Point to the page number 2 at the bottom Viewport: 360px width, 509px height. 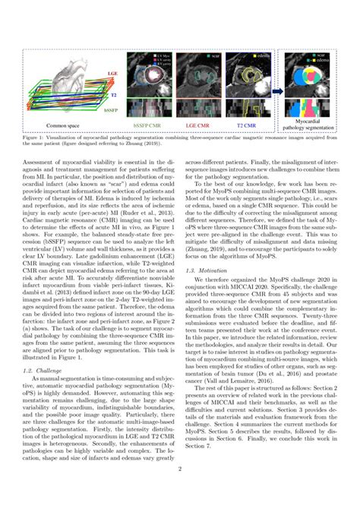click(180, 491)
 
